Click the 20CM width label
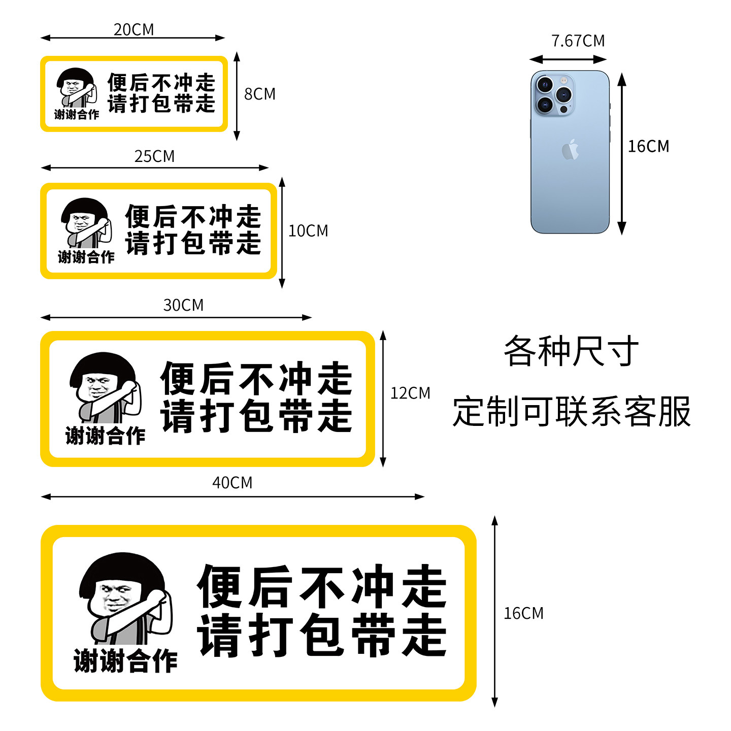click(134, 29)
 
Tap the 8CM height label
click(260, 94)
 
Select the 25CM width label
click(154, 156)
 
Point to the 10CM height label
click(308, 231)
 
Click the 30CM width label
click(183, 305)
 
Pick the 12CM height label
click(410, 393)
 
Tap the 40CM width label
click(232, 482)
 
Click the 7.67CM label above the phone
click(578, 41)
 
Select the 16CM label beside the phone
click(648, 146)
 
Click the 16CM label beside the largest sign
click(523, 613)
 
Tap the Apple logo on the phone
click(570, 150)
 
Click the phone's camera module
click(554, 95)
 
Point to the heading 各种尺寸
click(571, 351)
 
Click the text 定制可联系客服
click(572, 411)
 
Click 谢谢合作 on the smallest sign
click(77, 115)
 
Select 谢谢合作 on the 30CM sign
click(105, 436)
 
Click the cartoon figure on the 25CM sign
click(86, 223)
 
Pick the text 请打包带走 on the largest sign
click(322, 635)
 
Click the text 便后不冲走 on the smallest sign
click(161, 82)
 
